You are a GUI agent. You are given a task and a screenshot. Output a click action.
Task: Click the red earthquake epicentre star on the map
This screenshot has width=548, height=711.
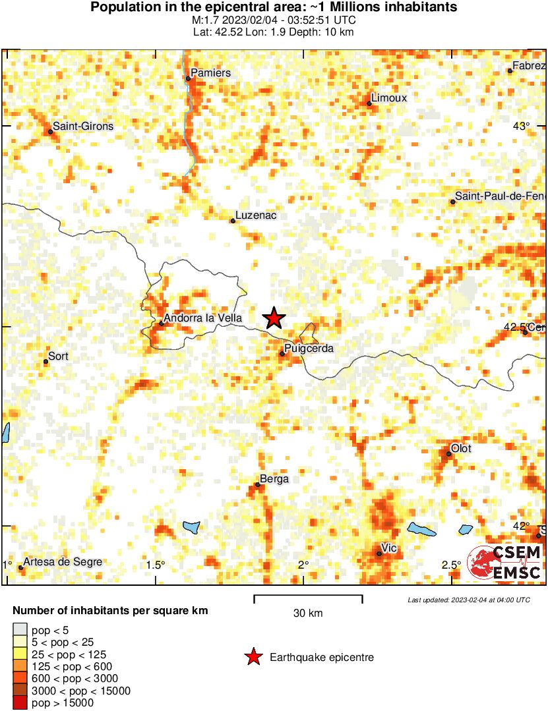274,318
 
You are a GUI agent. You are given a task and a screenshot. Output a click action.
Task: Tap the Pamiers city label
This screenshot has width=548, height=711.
210,72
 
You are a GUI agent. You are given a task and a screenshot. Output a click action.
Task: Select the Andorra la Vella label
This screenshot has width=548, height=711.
202,318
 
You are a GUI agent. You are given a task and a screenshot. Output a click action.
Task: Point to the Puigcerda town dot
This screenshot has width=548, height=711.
282,354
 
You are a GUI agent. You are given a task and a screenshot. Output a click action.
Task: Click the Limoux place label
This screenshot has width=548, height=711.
389,98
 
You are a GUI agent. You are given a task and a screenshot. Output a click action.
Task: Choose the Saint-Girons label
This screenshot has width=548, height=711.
83,126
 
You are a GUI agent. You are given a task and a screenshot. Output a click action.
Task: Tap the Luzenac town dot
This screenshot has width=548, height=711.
233,221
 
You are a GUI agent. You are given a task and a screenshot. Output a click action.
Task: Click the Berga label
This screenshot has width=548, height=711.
274,479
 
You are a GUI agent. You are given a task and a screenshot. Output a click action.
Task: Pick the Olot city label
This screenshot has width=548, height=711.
461,448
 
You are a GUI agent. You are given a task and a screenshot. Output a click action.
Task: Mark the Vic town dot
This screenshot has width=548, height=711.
379,554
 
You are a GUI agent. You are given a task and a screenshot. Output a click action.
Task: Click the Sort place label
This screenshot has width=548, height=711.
59,356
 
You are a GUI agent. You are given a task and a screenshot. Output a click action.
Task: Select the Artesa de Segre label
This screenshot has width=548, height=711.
63,562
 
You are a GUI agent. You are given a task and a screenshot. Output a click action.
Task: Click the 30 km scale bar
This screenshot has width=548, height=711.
308,598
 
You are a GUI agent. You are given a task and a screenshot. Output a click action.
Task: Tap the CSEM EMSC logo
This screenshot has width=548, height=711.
505,564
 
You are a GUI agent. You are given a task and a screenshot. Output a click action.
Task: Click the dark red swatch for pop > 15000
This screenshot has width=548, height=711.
20,703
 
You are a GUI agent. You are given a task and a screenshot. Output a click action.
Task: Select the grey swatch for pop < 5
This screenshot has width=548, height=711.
20,631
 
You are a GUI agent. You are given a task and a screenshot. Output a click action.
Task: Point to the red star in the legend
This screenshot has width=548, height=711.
253,657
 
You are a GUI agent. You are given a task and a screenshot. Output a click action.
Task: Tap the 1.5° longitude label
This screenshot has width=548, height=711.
156,565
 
